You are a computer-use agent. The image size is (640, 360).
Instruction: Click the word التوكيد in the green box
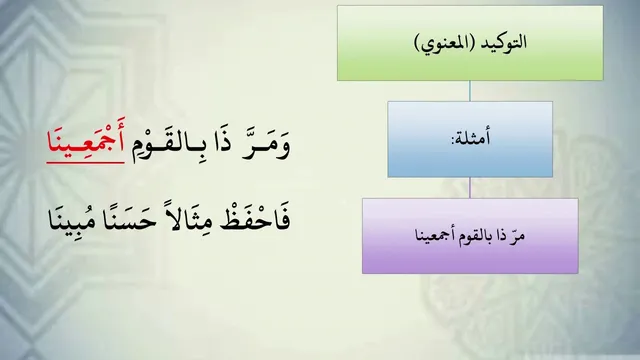point(504,42)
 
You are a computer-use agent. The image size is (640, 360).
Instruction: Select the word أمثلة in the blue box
point(472,138)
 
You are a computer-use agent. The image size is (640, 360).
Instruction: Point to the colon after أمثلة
point(452,141)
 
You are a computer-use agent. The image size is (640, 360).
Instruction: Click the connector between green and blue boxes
point(470,91)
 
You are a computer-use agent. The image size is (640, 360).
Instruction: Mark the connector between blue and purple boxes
point(470,188)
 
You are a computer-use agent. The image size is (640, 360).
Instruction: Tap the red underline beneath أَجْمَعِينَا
point(85,162)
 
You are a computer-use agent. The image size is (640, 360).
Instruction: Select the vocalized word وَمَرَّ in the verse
point(265,146)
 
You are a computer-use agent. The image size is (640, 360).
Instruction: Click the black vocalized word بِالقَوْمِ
point(171,147)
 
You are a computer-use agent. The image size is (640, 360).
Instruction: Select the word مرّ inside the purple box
point(518,236)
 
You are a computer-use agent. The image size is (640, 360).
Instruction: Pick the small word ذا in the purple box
point(502,236)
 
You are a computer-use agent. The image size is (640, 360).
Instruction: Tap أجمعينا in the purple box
point(437,236)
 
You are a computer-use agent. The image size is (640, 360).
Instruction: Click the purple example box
point(470,236)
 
